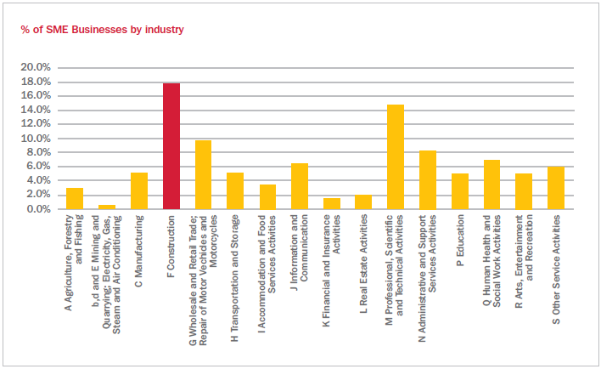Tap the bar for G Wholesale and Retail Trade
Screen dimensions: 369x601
pyautogui.click(x=203, y=175)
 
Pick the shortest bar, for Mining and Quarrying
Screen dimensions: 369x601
pyautogui.click(x=107, y=207)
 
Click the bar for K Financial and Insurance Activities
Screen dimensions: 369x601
pyautogui.click(x=332, y=204)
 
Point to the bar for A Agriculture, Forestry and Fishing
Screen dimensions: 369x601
pyautogui.click(x=75, y=199)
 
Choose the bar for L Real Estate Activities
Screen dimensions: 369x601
pyautogui.click(x=363, y=202)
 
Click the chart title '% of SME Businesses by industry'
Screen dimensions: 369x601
pyautogui.click(x=103, y=30)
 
